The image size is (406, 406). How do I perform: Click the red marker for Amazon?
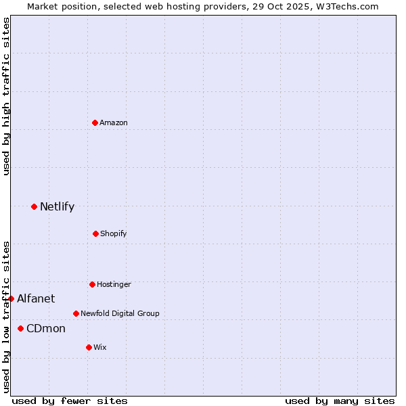[x=95, y=122]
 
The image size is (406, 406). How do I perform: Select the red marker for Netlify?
[x=34, y=206]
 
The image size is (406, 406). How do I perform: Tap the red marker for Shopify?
[x=95, y=233]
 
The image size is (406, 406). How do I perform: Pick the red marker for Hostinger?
[x=92, y=284]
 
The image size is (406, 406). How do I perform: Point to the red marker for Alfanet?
[x=11, y=298]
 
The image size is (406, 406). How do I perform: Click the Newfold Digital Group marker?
[x=76, y=313]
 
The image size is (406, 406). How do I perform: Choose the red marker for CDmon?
[x=20, y=328]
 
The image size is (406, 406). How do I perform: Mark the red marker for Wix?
[x=89, y=347]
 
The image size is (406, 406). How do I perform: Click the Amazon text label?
[x=114, y=122]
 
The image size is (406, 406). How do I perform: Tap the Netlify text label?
[x=57, y=206]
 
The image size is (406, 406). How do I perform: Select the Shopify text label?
[x=114, y=233]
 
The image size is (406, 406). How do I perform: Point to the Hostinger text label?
[x=114, y=284]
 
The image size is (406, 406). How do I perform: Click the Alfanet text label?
[x=36, y=298]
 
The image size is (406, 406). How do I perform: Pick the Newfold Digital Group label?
[x=120, y=313]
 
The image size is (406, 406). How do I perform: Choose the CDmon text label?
[x=46, y=328]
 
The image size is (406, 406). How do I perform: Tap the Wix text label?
[x=100, y=347]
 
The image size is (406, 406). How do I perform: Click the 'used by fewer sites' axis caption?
[x=70, y=401]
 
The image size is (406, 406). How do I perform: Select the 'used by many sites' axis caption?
[x=340, y=401]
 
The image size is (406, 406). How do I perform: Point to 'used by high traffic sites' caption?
[x=6, y=96]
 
